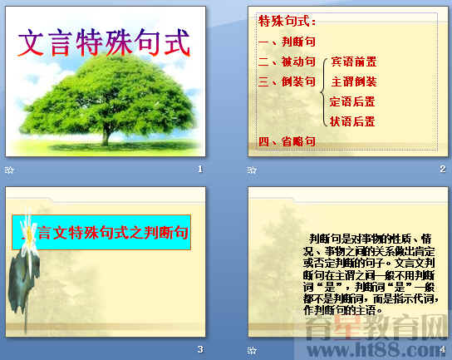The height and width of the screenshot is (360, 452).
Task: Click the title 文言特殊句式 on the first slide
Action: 103,41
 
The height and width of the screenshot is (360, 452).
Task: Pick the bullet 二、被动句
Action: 287,62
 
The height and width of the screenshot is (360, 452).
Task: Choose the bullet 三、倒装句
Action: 287,81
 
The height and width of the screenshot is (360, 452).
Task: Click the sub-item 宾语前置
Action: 353,62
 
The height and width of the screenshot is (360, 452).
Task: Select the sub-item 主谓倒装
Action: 353,81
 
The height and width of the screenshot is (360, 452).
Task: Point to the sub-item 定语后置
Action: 352,101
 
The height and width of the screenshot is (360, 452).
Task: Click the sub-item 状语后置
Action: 352,121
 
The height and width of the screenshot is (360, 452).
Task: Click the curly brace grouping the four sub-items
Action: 322,91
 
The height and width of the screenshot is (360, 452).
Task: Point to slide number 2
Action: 443,170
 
